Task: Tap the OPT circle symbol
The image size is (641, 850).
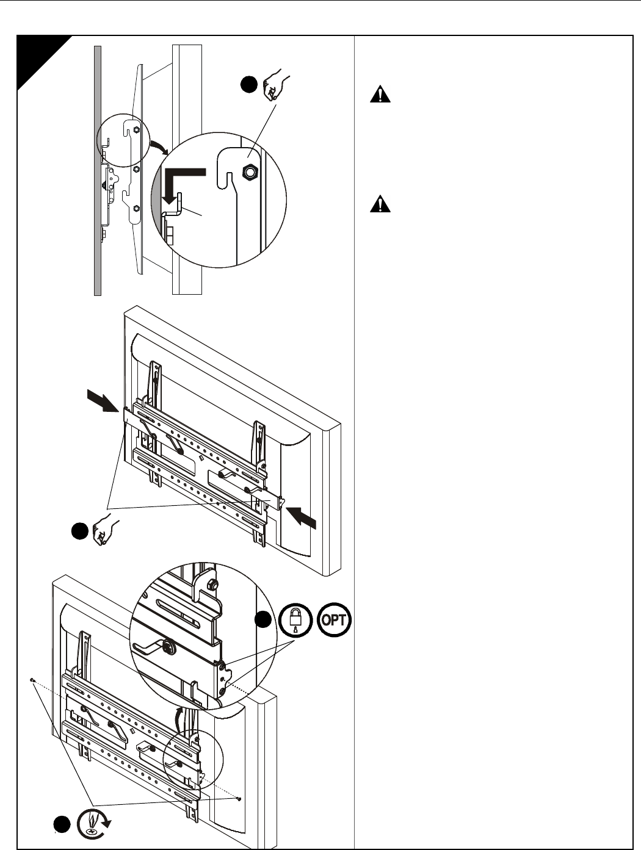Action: coord(335,621)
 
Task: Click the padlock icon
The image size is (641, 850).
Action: coord(295,621)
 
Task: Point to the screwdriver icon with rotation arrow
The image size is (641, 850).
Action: coord(93,823)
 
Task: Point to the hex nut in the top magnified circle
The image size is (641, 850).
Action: coord(248,172)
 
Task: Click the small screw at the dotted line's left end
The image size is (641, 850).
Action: coord(31,679)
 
